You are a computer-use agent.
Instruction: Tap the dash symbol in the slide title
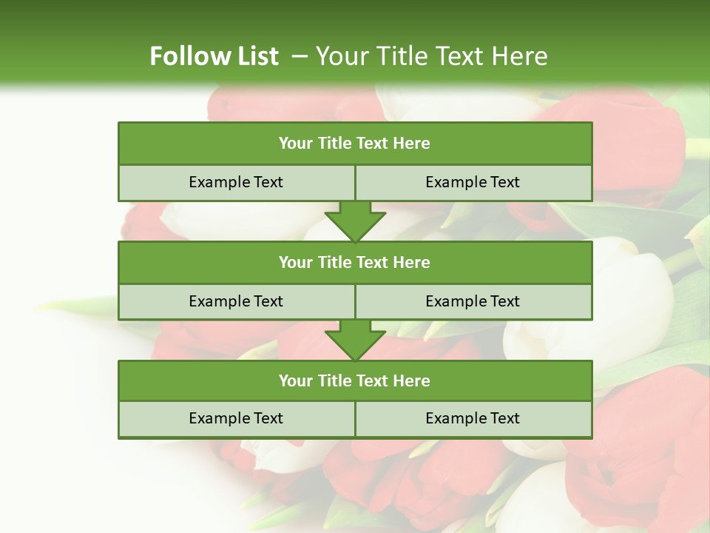pos(300,56)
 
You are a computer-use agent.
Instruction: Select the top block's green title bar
pos(355,144)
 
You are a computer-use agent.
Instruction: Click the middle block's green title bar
pos(355,262)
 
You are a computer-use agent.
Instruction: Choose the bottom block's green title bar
pos(355,381)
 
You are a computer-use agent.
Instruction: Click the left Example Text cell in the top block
pos(236,183)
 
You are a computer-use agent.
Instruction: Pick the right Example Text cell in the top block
pos(473,183)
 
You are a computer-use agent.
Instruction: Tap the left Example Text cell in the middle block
pos(236,301)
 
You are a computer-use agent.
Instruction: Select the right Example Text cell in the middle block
pos(473,301)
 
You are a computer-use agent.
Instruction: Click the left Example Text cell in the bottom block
pos(236,418)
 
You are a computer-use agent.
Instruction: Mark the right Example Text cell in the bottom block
pos(473,418)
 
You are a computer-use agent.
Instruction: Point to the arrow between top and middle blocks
pos(355,221)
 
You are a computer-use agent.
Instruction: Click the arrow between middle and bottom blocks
pos(355,340)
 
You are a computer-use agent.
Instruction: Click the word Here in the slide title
pos(522,56)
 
